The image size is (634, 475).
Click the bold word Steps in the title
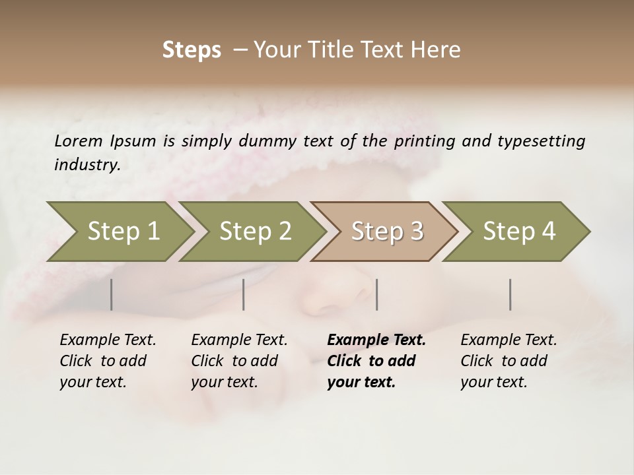pos(192,50)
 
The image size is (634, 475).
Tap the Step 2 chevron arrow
pos(255,232)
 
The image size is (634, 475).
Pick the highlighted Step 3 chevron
pos(387,232)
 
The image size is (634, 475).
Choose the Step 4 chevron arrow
pos(519,232)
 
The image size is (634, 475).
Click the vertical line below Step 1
pos(112,294)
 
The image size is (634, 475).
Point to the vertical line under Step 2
pos(244,294)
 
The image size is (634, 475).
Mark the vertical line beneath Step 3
pos(376,294)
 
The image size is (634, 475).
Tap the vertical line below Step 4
pos(510,294)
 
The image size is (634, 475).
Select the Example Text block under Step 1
pos(108,361)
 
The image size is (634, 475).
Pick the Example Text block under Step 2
pos(239,361)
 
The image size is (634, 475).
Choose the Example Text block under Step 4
pos(509,361)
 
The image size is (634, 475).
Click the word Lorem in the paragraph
pos(79,141)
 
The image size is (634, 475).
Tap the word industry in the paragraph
pos(87,165)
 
